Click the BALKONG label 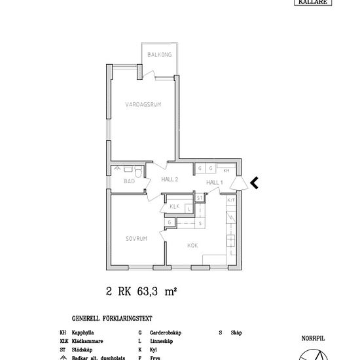click(x=159, y=55)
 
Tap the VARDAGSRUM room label click(x=143, y=104)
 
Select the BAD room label click(x=129, y=181)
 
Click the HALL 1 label click(x=215, y=182)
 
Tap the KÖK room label click(x=192, y=245)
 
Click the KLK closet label click(x=174, y=207)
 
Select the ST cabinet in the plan click(x=200, y=197)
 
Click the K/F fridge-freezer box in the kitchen click(x=231, y=200)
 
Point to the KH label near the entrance click(x=226, y=170)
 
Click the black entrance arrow click(x=254, y=182)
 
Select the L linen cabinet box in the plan click(x=189, y=209)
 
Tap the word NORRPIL click(x=313, y=338)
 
